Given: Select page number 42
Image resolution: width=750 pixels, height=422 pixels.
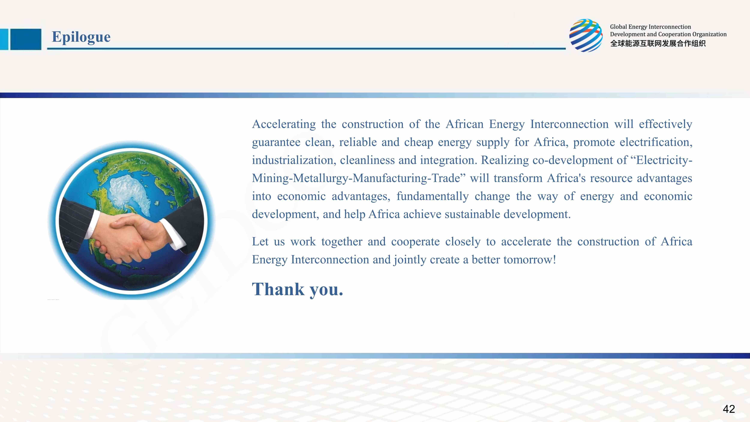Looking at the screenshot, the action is click(x=729, y=409).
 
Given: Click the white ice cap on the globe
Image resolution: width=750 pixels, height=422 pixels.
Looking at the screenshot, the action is click(x=131, y=192).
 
